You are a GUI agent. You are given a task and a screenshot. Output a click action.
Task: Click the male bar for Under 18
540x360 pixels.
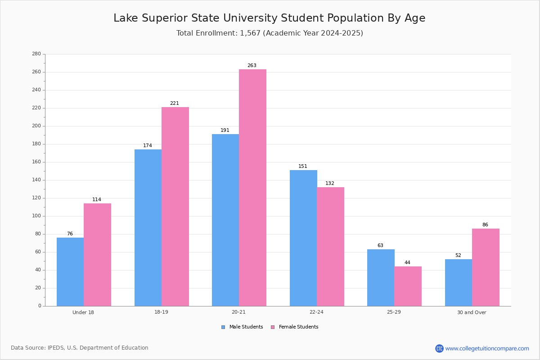point(70,272)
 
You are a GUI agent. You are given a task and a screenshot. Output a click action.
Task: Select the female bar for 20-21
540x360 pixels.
point(252,188)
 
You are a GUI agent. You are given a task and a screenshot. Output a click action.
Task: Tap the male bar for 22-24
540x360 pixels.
point(303,238)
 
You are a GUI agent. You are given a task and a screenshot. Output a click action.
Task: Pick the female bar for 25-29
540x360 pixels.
point(408,286)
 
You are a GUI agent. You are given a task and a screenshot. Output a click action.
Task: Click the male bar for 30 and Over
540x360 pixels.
point(459,283)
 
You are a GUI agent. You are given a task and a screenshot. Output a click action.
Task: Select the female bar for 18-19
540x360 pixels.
point(175,207)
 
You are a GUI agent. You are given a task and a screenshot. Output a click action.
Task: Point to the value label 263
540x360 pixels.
point(252,66)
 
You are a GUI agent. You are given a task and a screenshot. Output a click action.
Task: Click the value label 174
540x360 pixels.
point(148,146)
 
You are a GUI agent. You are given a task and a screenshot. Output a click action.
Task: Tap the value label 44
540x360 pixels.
point(407,263)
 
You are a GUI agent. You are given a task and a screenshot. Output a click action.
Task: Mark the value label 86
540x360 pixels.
point(485,225)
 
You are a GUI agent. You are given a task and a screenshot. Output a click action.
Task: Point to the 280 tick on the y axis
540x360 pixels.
point(36,54)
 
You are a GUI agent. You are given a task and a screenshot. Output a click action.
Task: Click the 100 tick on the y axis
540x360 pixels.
point(36,216)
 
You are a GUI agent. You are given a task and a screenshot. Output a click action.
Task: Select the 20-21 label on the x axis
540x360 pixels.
point(238,312)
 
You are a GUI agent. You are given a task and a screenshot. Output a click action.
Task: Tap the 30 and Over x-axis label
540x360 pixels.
point(472,312)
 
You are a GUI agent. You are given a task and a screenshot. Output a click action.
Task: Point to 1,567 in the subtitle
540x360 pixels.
point(250,33)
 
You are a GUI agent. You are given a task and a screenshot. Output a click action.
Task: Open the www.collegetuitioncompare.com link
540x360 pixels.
point(487,348)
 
